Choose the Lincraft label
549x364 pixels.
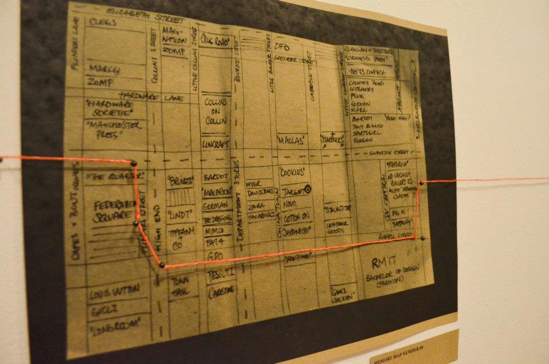pos(215,144)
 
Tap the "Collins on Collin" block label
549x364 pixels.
pos(216,111)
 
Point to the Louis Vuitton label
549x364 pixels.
pos(113,293)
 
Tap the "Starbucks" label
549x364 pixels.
pos(332,140)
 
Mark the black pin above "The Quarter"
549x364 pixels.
pos(134,164)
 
